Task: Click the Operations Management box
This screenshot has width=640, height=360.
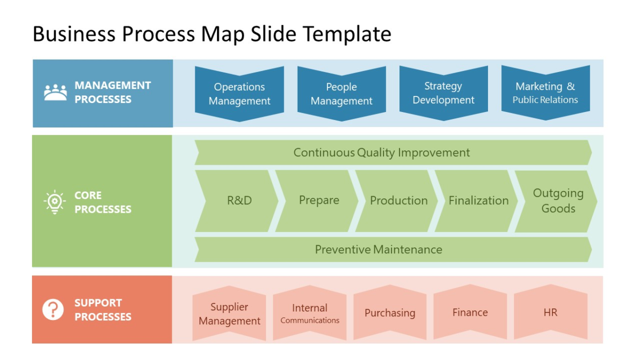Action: click(239, 93)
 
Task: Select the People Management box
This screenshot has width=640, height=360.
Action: click(341, 93)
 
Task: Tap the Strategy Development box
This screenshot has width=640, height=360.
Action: click(443, 93)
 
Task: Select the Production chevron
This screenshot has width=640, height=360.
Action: click(398, 201)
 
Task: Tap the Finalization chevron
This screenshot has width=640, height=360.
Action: click(478, 201)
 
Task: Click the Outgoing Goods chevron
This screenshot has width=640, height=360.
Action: click(557, 201)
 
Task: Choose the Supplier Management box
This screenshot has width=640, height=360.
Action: click(229, 314)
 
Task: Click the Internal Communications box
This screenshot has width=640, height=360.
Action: click(310, 314)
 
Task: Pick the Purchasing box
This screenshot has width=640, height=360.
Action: click(390, 313)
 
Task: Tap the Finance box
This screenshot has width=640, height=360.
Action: click(470, 313)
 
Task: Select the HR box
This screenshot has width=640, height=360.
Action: click(550, 313)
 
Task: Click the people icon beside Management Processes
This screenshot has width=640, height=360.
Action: click(55, 93)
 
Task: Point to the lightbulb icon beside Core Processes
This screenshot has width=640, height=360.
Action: click(54, 202)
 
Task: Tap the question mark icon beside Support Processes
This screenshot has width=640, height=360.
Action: click(53, 309)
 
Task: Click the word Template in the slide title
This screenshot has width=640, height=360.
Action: click(347, 34)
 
